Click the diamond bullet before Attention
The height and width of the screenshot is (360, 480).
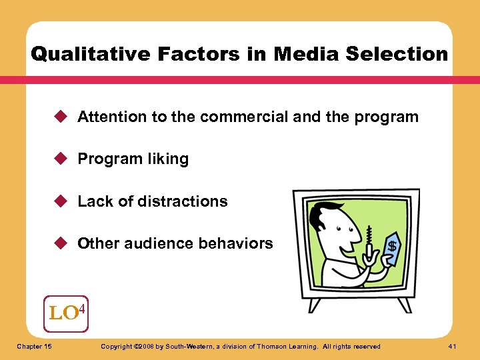coord(63,117)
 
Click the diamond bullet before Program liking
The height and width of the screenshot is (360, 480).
coord(63,159)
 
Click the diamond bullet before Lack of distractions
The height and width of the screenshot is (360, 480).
coord(63,201)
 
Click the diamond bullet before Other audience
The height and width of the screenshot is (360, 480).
coord(63,243)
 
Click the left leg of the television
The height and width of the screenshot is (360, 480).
coord(313,305)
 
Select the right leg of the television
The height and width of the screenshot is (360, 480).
coord(403,305)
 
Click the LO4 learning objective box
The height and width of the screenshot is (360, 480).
coord(66,313)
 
